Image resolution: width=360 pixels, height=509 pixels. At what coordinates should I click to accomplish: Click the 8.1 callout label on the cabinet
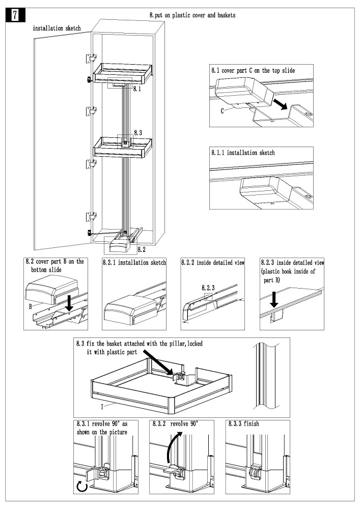pos(136,89)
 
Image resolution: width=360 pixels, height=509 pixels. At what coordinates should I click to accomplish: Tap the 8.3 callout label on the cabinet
pos(137,132)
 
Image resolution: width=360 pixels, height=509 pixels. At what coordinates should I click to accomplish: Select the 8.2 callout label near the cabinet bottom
pos(142,250)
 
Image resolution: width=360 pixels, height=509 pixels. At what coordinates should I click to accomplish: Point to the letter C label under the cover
pos(223,110)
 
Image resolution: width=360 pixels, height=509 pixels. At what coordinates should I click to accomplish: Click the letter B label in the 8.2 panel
pos(30,306)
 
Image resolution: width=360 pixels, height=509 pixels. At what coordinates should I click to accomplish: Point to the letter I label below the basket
pos(102,407)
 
